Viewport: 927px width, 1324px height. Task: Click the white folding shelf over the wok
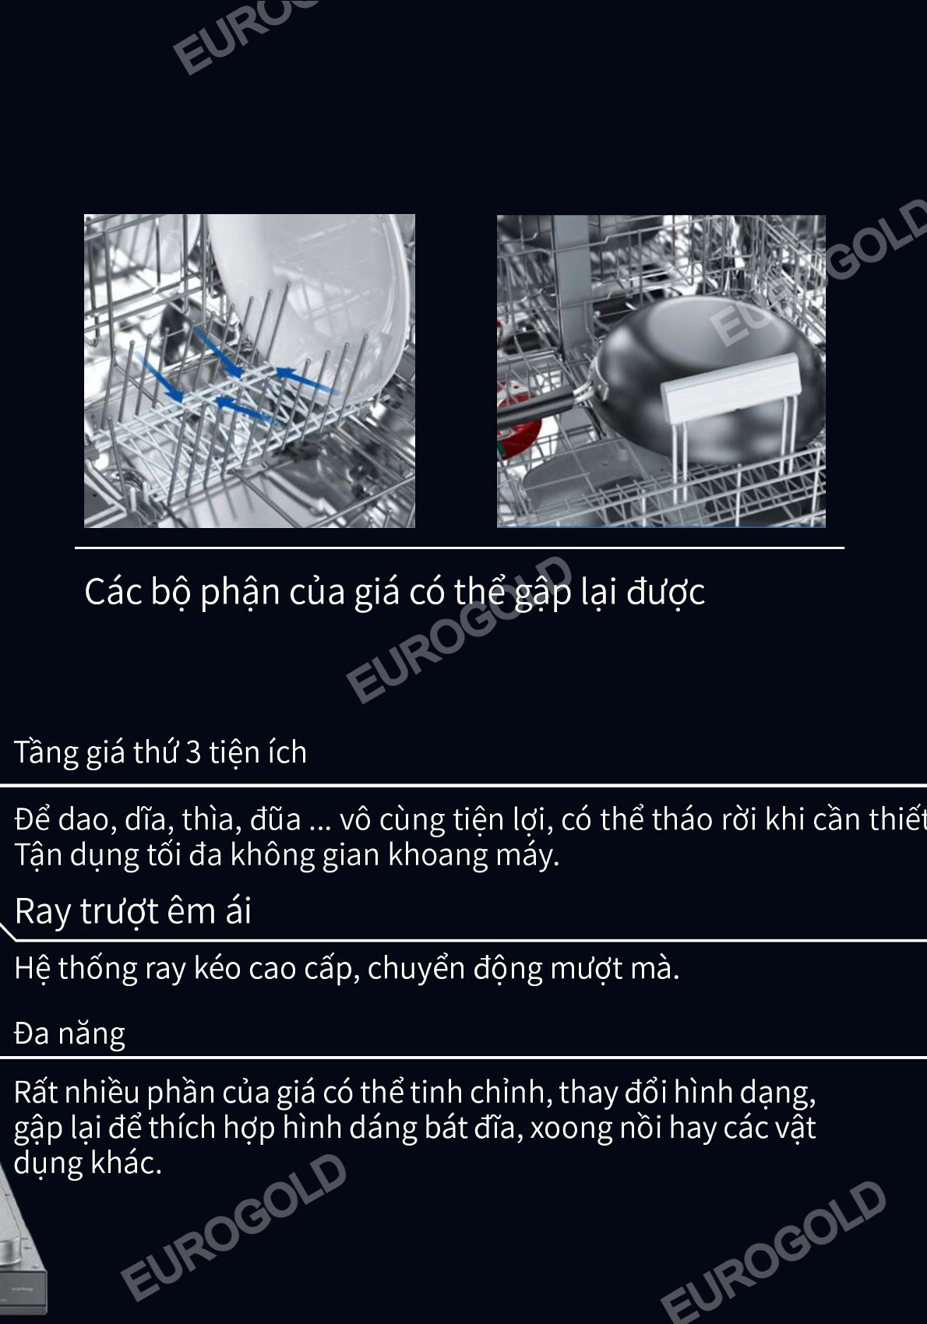(x=731, y=387)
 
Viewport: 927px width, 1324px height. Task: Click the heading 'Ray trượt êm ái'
(x=133, y=911)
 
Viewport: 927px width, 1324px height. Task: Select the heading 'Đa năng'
(x=69, y=1033)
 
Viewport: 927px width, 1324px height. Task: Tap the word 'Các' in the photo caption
(x=114, y=591)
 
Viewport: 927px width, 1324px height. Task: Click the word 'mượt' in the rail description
(x=587, y=970)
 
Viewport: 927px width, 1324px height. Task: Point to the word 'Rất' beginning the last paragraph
(x=35, y=1092)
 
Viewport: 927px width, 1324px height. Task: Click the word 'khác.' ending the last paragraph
(x=126, y=1163)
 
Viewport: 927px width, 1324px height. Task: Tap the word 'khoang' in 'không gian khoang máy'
(x=438, y=855)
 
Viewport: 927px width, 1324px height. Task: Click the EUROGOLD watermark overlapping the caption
(x=459, y=629)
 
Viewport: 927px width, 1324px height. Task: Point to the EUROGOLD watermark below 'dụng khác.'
(x=233, y=1227)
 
